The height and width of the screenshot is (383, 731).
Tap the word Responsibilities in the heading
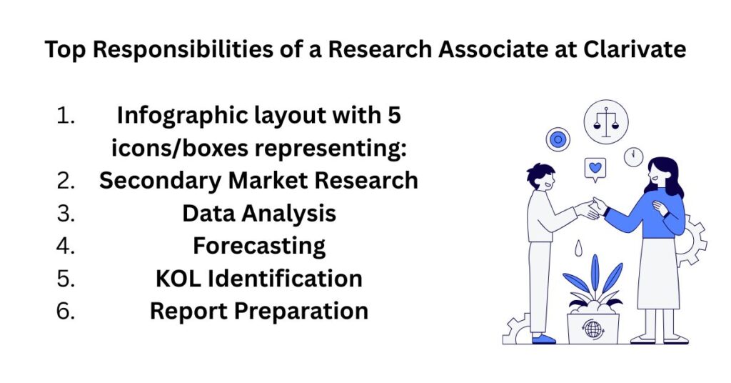click(x=183, y=50)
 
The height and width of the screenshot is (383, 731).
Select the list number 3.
click(x=66, y=213)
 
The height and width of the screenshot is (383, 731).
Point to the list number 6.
click(x=66, y=311)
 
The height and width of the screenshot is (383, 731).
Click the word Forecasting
click(x=259, y=247)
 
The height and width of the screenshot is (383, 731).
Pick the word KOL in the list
click(x=178, y=279)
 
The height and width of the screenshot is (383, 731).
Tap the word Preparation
click(x=301, y=311)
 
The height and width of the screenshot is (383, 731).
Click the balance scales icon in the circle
click(x=606, y=122)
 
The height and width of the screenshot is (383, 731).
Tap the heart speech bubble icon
click(x=595, y=169)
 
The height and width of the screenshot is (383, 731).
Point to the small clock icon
click(x=634, y=156)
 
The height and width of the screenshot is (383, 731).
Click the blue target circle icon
click(x=558, y=139)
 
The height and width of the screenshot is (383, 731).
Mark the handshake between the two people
click(x=590, y=208)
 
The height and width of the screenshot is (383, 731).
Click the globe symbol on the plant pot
click(x=593, y=329)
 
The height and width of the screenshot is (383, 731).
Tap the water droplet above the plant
click(x=578, y=248)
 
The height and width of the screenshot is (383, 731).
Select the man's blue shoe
click(x=543, y=339)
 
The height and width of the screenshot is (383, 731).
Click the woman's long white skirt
click(x=658, y=273)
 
